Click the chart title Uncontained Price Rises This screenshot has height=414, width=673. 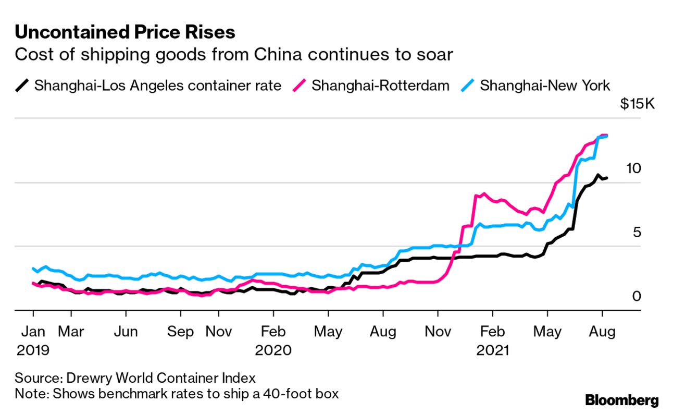pos(125,32)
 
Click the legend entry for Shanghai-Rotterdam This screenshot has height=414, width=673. pos(380,86)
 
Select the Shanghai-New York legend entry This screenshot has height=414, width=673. pos(544,86)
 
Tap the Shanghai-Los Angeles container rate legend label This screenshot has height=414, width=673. pos(157,86)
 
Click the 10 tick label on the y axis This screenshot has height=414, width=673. pos(633,168)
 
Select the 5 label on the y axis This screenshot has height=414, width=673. pos(637,232)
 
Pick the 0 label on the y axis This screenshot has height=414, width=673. pos(637,296)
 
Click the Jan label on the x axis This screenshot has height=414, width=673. pos(33,331)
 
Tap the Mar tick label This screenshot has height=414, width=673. pos(70,331)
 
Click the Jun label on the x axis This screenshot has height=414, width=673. pos(126,331)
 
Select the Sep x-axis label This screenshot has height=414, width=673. pos(181,331)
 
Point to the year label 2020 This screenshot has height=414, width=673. pos(273,350)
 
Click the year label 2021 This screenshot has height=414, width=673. pos(493,350)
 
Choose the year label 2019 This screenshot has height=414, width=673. pos(33,350)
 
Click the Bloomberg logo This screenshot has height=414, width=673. pos(622,400)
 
